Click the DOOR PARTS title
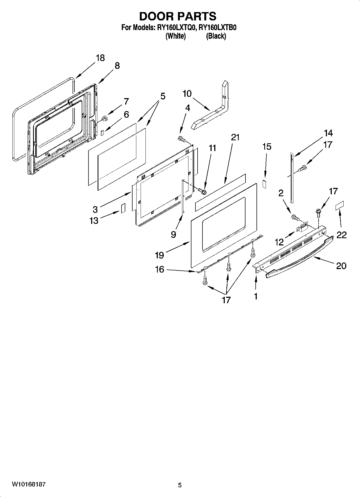tap(178, 16)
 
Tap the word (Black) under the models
tap(216, 36)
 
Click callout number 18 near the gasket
tap(100, 58)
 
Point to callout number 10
tap(187, 94)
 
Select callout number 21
tap(235, 137)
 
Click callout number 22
tap(342, 235)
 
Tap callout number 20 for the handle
tap(341, 266)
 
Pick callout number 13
tap(94, 220)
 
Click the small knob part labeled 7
tap(105, 118)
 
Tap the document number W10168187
tap(28, 484)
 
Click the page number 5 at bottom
tap(180, 485)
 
